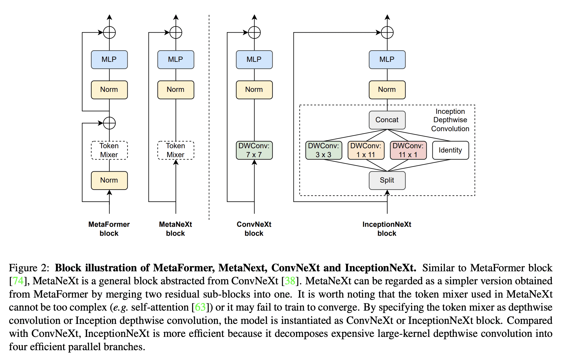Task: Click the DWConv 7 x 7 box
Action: click(x=254, y=150)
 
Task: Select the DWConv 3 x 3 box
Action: click(x=324, y=150)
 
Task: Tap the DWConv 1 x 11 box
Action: click(x=366, y=150)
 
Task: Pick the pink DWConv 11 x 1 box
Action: click(x=408, y=150)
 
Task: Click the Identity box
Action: click(x=450, y=150)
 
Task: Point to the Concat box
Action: click(x=387, y=120)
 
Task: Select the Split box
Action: click(x=387, y=180)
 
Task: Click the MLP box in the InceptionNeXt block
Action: click(x=387, y=60)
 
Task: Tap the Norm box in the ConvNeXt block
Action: click(x=254, y=90)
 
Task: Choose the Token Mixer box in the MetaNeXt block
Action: click(x=176, y=150)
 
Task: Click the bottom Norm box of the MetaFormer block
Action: click(x=109, y=180)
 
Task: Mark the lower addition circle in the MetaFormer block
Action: click(x=109, y=123)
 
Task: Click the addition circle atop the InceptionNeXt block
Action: click(x=387, y=32)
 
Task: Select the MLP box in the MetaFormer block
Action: click(x=109, y=60)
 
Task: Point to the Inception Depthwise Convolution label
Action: click(x=450, y=120)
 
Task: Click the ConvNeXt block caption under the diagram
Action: click(x=254, y=229)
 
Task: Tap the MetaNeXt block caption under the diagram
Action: click(x=175, y=229)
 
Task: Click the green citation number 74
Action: click(x=18, y=281)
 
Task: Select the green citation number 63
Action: click(x=200, y=307)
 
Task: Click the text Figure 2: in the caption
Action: click(x=29, y=268)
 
